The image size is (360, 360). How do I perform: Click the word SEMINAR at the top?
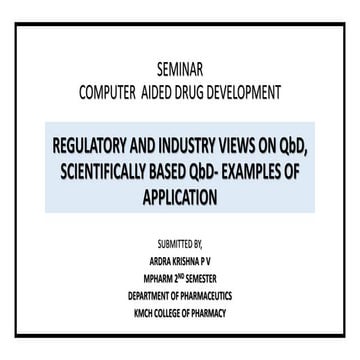pos(178,71)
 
